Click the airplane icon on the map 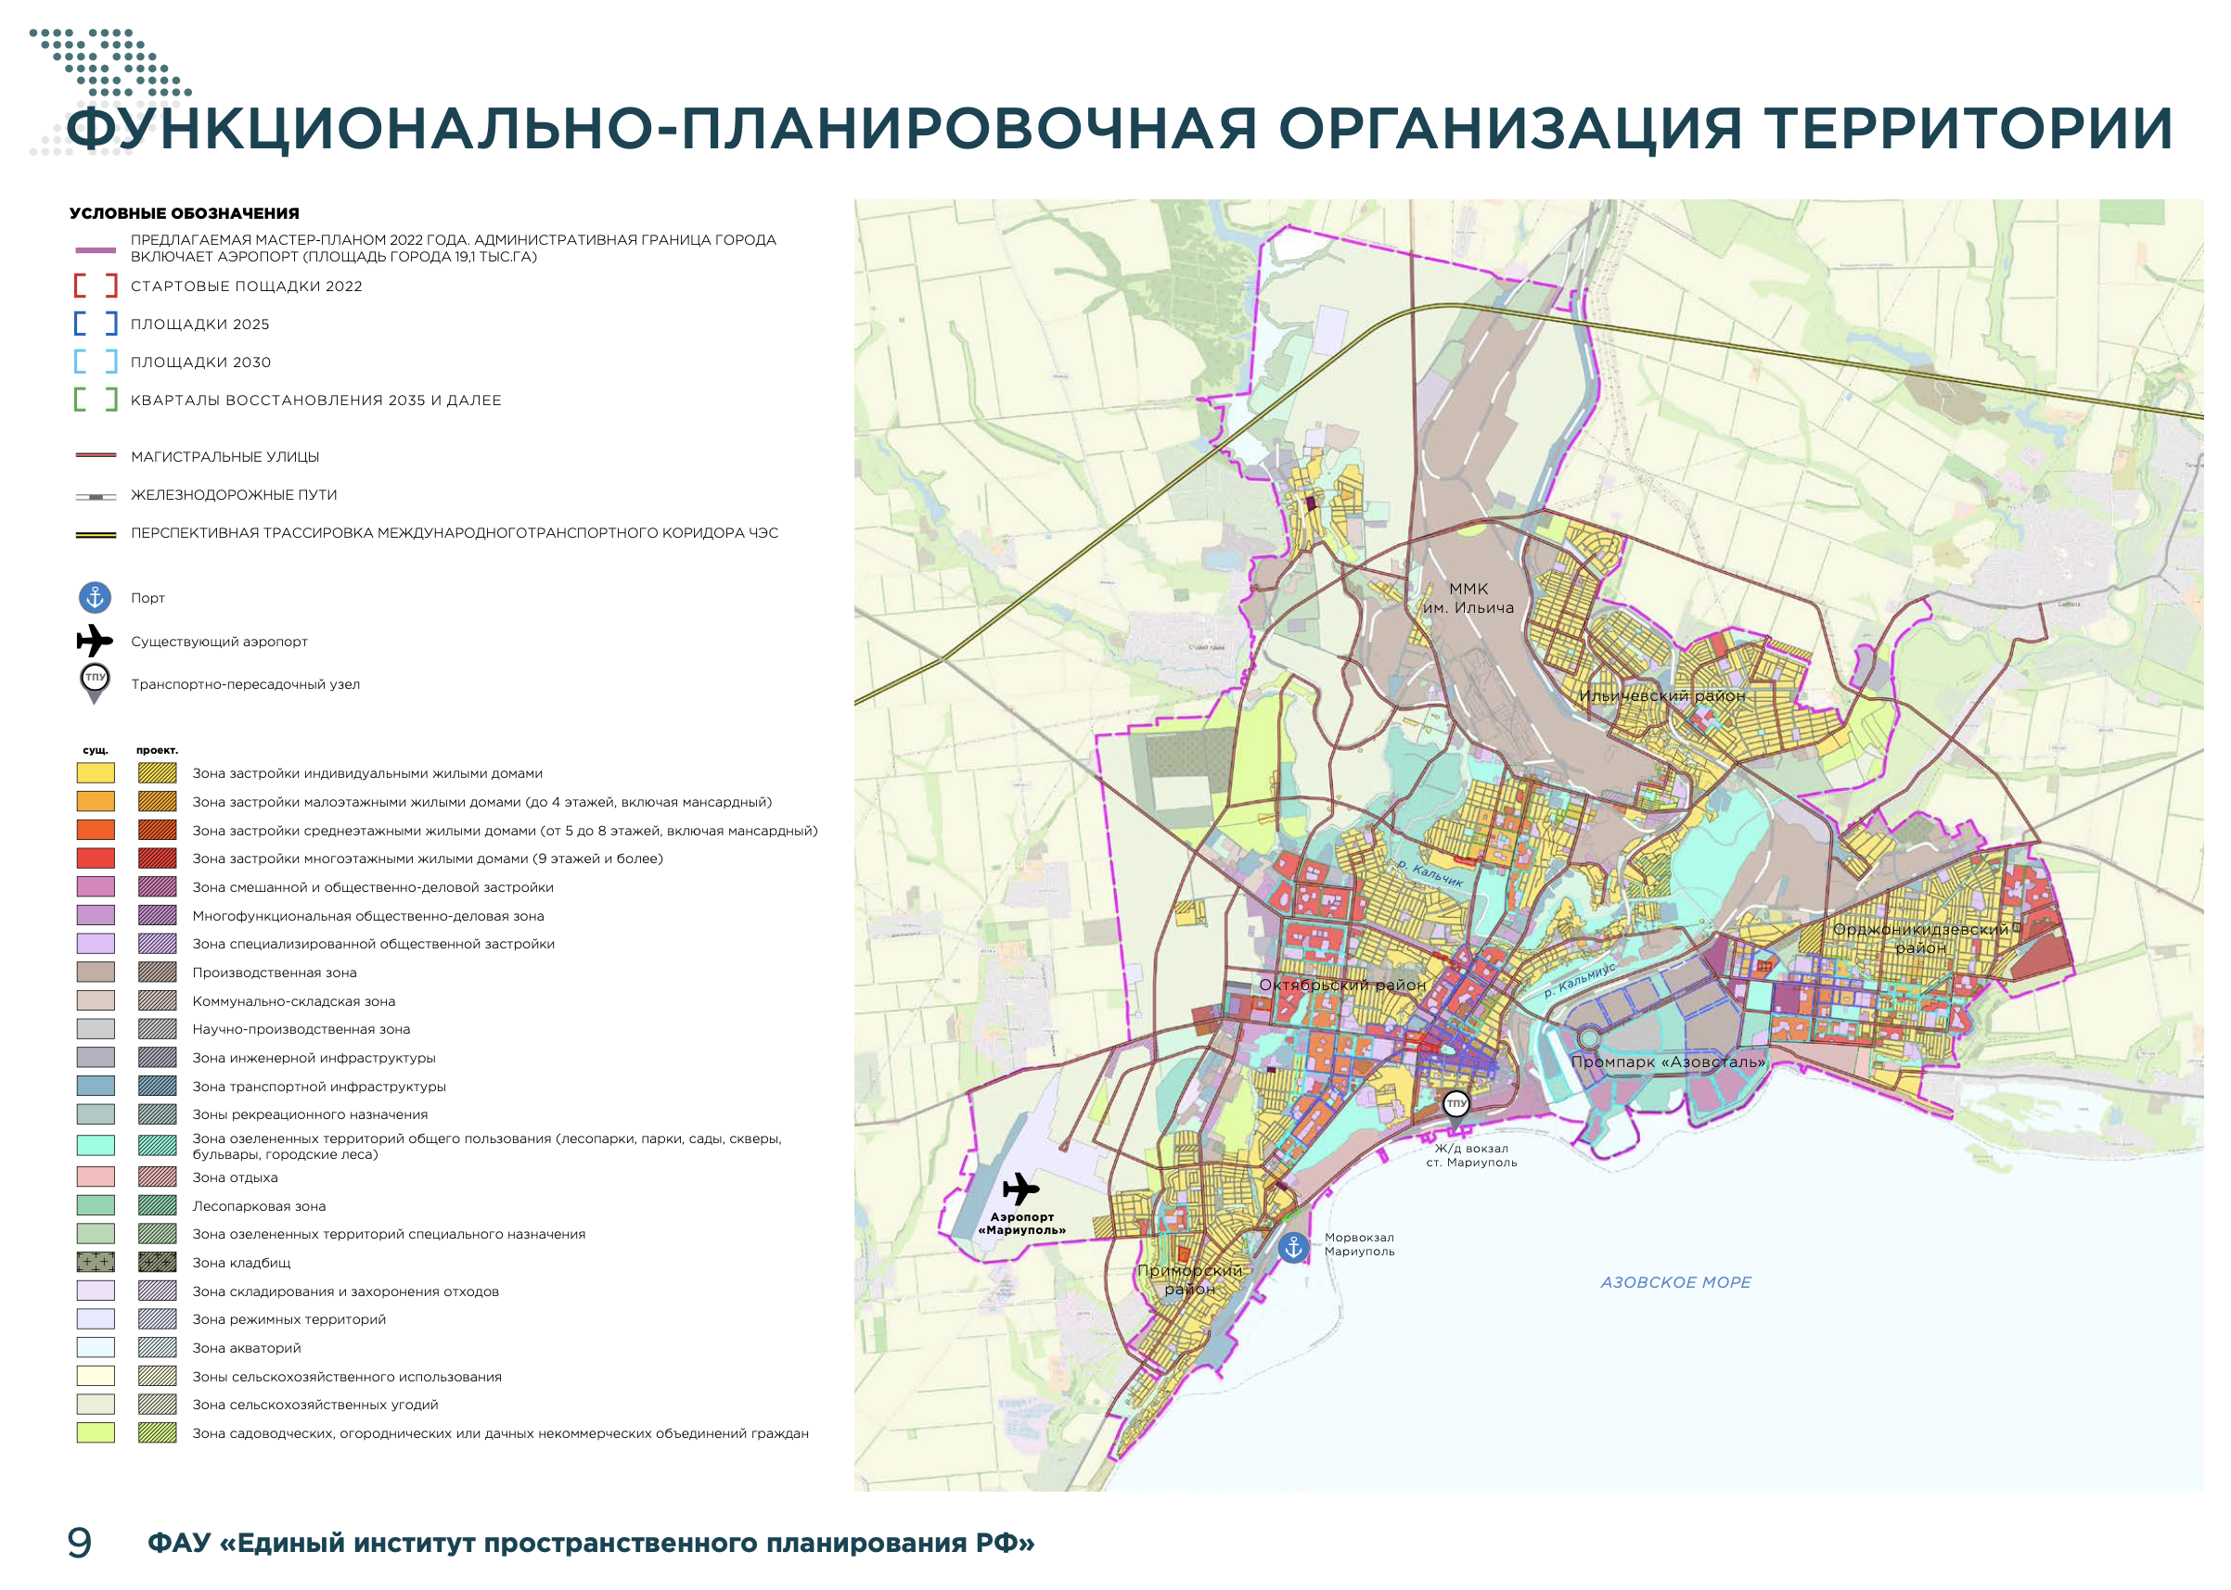[1019, 1189]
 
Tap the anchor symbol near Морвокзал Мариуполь [1293, 1247]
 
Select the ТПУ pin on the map [1456, 1104]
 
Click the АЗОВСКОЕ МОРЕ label [1674, 1282]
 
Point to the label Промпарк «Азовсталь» [1667, 1062]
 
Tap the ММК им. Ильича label [1468, 598]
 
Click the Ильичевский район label [1661, 696]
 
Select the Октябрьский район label [1341, 985]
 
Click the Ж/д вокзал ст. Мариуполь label [1471, 1155]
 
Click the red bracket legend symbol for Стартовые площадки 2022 [96, 286]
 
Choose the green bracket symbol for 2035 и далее [96, 400]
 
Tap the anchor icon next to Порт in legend [95, 597]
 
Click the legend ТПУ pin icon [95, 681]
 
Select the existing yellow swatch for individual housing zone [96, 772]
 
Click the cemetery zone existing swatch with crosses [96, 1262]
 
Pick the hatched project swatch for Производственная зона [157, 973]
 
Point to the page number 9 [80, 1543]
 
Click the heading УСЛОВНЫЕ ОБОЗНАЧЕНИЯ [184, 213]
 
